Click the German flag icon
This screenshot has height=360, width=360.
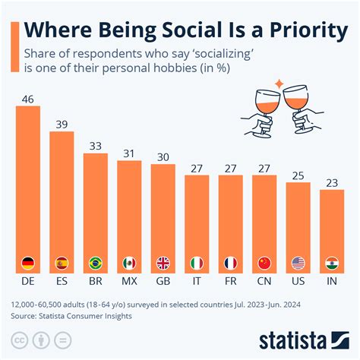(28, 264)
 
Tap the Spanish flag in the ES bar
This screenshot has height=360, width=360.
(62, 264)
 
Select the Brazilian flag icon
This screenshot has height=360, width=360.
(96, 264)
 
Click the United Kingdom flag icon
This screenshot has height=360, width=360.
(163, 264)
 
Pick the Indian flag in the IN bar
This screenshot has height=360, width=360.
(332, 264)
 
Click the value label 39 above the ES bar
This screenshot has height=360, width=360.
(62, 124)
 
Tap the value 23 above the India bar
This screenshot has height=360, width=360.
(332, 182)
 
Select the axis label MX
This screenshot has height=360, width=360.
(129, 282)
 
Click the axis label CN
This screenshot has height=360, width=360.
(264, 282)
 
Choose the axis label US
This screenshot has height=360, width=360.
(298, 282)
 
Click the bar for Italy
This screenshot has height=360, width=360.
(197, 220)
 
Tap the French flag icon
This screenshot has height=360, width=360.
(230, 264)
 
